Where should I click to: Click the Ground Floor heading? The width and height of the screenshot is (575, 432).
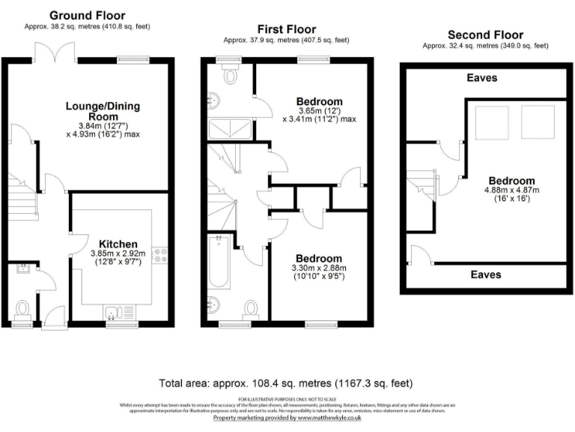[87, 15]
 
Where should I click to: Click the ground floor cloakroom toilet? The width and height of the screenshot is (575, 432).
[22, 308]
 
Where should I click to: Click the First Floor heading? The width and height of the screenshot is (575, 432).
[287, 29]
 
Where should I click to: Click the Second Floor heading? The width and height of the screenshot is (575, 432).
[485, 34]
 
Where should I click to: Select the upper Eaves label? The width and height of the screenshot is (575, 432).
[482, 78]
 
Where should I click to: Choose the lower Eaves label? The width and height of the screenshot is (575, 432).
[486, 275]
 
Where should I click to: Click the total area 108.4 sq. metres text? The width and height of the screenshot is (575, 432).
[287, 383]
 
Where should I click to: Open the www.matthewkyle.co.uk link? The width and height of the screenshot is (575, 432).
[328, 418]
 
